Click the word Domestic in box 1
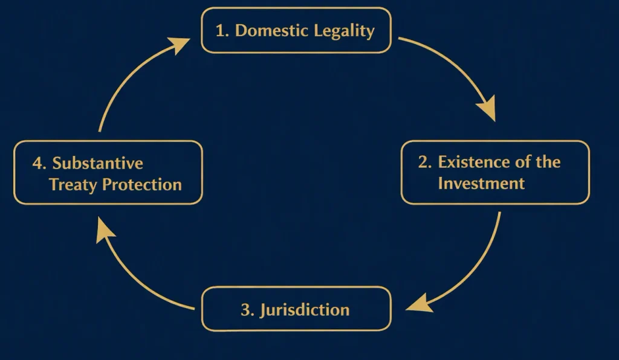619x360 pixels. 271,30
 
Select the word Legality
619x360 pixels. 344,31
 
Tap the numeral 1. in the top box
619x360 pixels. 222,31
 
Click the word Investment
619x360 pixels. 481,184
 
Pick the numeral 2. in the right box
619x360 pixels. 425,162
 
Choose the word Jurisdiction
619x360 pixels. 305,310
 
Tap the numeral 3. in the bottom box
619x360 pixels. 247,310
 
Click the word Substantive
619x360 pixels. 97,163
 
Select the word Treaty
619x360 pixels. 73,185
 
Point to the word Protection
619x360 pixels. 142,185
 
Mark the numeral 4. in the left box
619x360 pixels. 39,163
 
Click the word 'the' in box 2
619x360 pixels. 548,162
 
